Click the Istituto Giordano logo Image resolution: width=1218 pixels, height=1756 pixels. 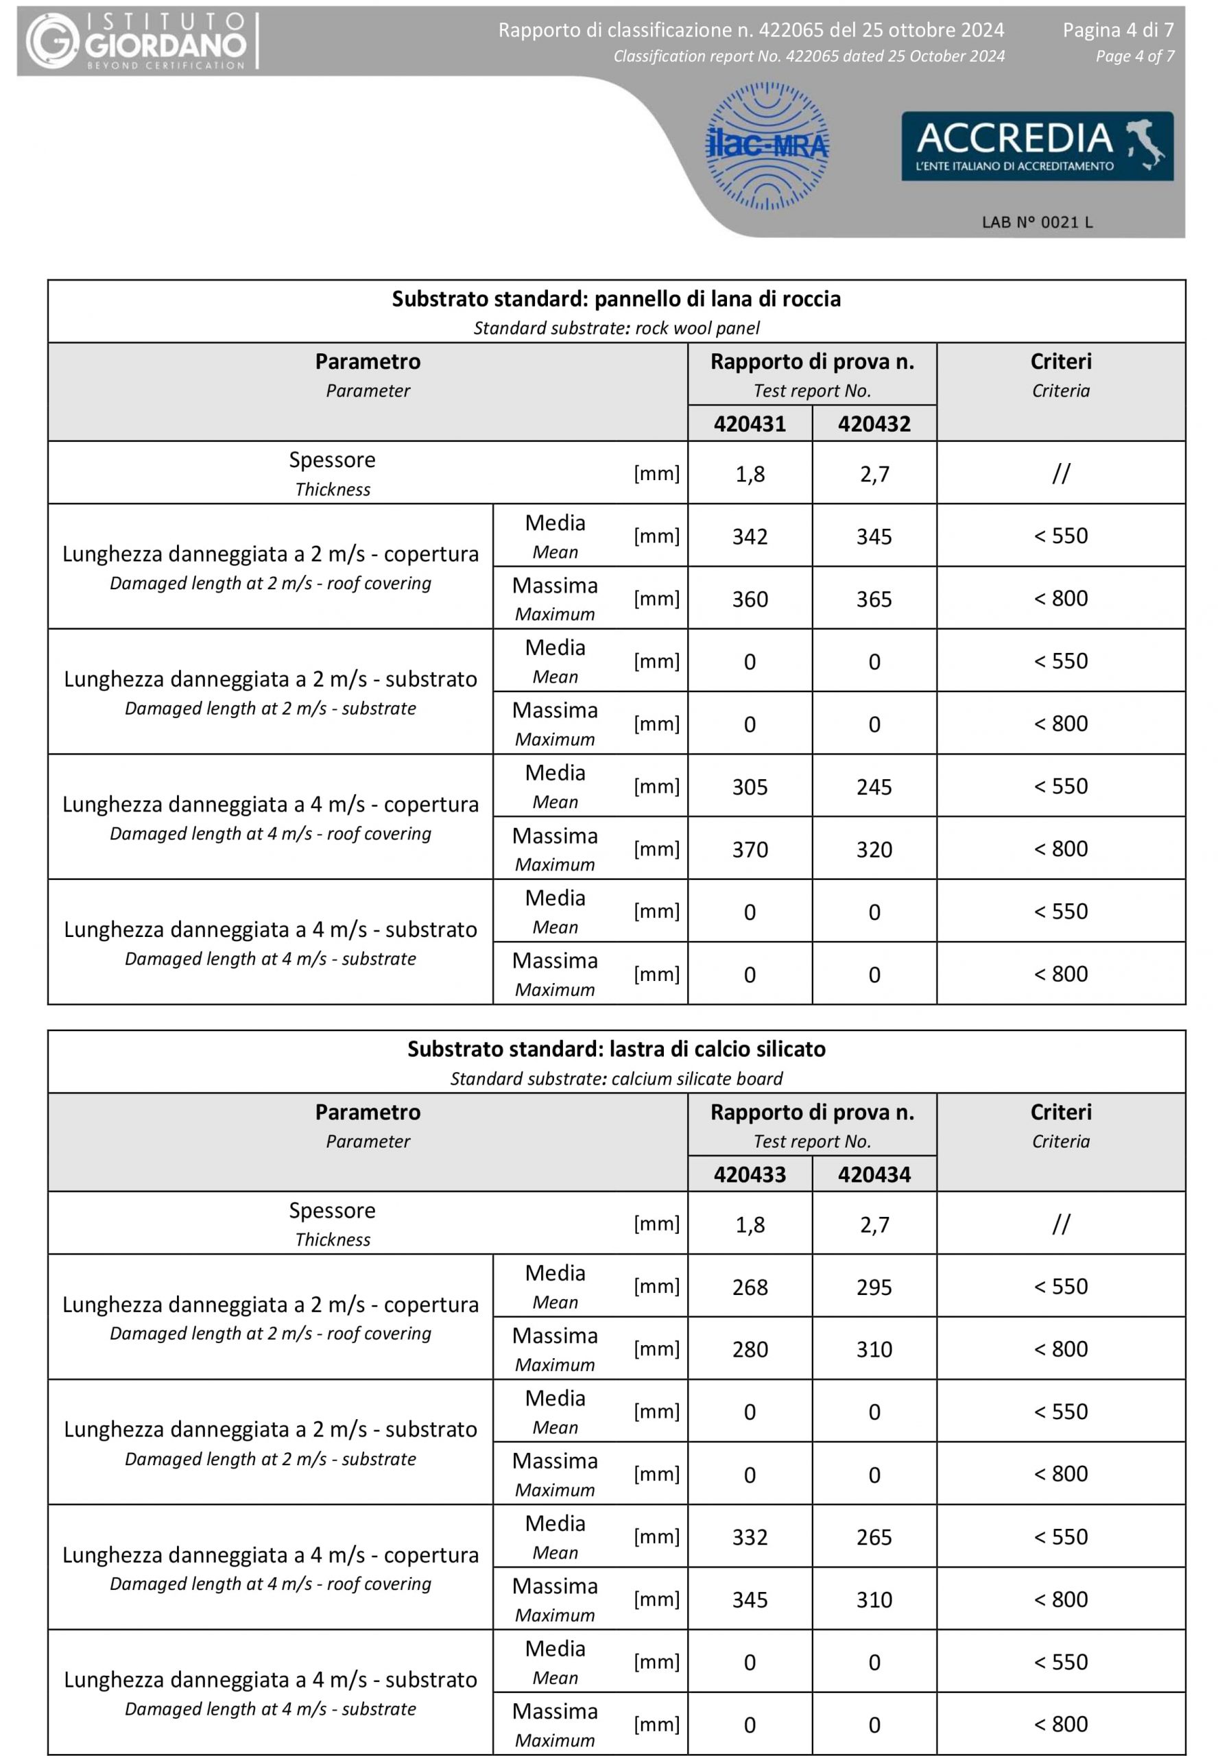pyautogui.click(x=136, y=41)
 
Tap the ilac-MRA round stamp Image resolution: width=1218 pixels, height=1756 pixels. pyautogui.click(x=766, y=145)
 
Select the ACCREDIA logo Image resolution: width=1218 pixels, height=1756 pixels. pyautogui.click(x=1037, y=145)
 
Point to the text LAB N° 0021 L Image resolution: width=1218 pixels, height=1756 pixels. pyautogui.click(x=1037, y=222)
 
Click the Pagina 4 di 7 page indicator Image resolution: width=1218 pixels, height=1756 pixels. pyautogui.click(x=1118, y=29)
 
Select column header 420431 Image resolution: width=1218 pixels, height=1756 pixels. pyautogui.click(x=750, y=423)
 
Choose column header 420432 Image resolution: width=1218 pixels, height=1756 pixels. pyautogui.click(x=874, y=423)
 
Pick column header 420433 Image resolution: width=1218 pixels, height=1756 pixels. pyautogui.click(x=750, y=1174)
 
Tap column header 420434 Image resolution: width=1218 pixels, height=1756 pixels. pyautogui.click(x=874, y=1174)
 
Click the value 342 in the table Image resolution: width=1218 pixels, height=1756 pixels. pyautogui.click(x=750, y=536)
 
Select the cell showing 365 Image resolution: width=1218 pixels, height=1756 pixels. pyautogui.click(x=874, y=599)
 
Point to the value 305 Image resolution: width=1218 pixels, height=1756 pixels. pyautogui.click(x=750, y=787)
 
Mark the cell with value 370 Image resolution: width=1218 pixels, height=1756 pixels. pyautogui.click(x=750, y=849)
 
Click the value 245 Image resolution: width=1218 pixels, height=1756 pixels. pyautogui.click(x=874, y=787)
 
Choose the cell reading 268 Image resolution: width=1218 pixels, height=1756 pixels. pyautogui.click(x=750, y=1288)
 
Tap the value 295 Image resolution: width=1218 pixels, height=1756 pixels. pyautogui.click(x=874, y=1288)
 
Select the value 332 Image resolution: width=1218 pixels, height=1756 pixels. pyautogui.click(x=750, y=1537)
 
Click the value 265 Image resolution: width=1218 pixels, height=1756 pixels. pyautogui.click(x=874, y=1537)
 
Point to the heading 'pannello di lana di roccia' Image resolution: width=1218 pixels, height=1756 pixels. pyautogui.click(x=717, y=298)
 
